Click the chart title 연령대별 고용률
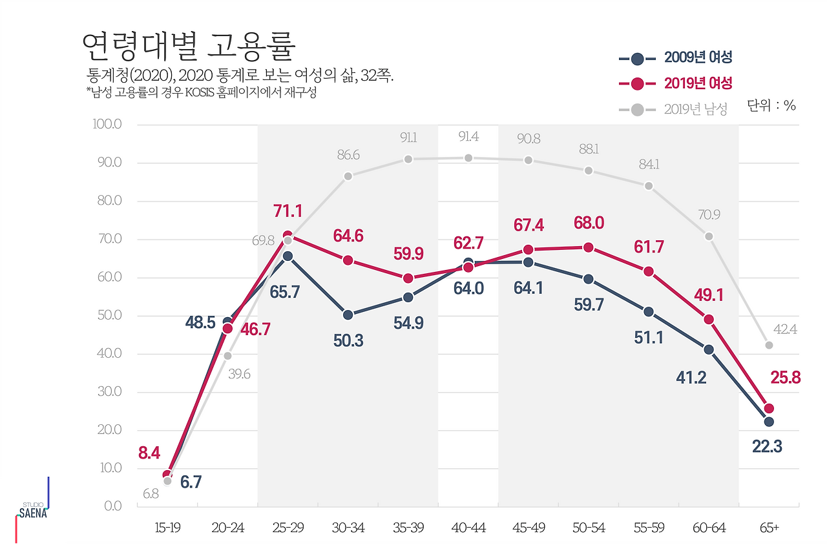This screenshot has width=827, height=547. click(189, 45)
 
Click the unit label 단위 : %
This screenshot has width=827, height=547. click(771, 106)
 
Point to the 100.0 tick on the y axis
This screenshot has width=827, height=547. click(107, 124)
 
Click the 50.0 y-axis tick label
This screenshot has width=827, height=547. click(107, 315)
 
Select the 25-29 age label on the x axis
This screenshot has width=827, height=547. click(288, 528)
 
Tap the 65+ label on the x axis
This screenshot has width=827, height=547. click(769, 528)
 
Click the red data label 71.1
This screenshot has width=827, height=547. click(288, 211)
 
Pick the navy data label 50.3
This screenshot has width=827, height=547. click(348, 340)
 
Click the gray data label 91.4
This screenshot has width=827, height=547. click(468, 137)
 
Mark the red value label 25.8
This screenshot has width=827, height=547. click(786, 378)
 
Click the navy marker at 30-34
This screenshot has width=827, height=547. click(348, 315)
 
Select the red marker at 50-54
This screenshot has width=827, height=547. click(589, 247)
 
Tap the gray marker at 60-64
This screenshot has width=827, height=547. click(709, 236)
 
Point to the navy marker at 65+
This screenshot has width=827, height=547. click(769, 422)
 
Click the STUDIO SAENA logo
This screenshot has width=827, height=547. click(32, 511)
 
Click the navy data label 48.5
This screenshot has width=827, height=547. click(200, 322)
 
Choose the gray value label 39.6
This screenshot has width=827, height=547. click(239, 374)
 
